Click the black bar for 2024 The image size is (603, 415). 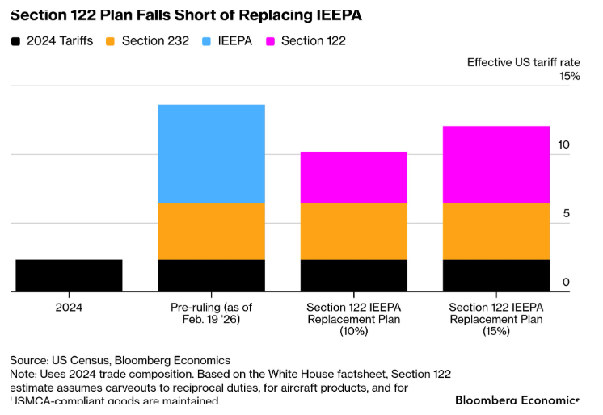click(x=69, y=275)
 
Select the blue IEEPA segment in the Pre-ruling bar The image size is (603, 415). click(x=211, y=153)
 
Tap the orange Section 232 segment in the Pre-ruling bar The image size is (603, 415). click(x=211, y=231)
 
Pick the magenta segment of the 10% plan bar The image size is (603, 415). click(x=353, y=177)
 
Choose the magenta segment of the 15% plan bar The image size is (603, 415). click(x=495, y=164)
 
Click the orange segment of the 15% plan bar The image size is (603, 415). click(x=495, y=231)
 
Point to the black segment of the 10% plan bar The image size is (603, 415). click(x=353, y=275)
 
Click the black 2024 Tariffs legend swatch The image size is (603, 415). click(x=16, y=40)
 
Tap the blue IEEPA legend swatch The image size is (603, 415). click(x=206, y=40)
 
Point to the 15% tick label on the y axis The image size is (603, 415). click(x=569, y=76)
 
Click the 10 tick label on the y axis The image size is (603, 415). click(x=565, y=145)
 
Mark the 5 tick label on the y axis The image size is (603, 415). click(x=566, y=213)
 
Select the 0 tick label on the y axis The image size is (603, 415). click(x=566, y=283)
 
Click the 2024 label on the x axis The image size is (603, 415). click(x=69, y=308)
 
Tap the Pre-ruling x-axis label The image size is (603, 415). click(x=211, y=314)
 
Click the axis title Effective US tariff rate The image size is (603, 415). click(x=523, y=62)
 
